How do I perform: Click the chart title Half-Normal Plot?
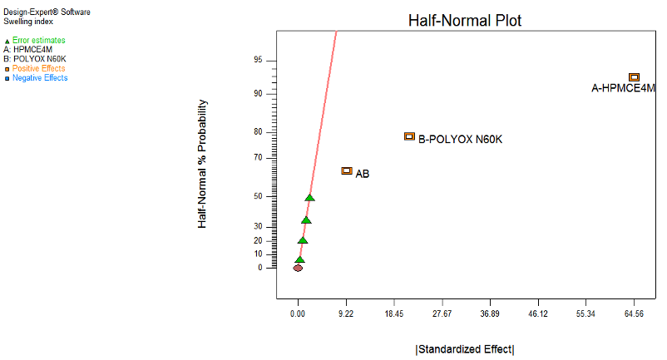(465, 20)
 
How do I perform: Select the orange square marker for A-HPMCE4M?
(634, 77)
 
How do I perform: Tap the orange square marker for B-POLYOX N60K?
(409, 136)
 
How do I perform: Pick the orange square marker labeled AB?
(347, 170)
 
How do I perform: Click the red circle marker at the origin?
(298, 268)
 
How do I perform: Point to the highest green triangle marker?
(309, 198)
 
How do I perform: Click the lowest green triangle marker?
(299, 260)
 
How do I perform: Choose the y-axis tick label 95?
(258, 60)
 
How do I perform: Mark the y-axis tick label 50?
(258, 196)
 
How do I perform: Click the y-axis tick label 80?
(258, 131)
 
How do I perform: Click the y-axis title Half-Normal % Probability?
(202, 164)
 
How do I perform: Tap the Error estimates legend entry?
(38, 40)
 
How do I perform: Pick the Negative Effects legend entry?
(40, 78)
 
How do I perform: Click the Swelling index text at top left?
(29, 22)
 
